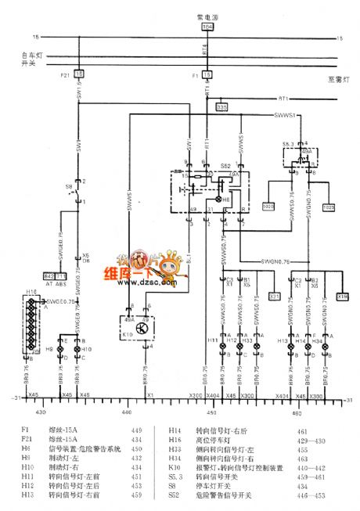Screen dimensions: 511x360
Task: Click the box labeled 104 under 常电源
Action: point(207,26)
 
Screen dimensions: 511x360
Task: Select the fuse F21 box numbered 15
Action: point(78,73)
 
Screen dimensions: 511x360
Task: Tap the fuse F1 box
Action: point(207,73)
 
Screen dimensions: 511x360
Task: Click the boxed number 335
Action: point(221,106)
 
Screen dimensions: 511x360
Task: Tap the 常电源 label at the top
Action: point(206,15)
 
